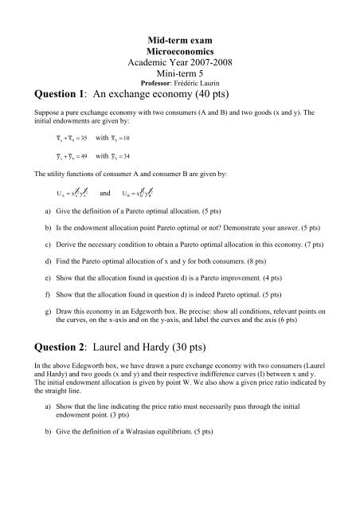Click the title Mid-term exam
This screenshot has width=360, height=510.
point(178,38)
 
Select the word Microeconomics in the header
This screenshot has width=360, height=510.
point(178,49)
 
